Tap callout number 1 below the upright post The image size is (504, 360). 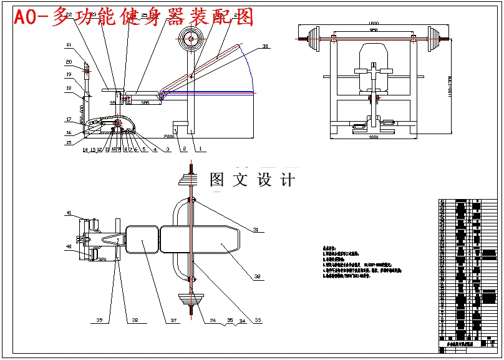[x=200, y=149]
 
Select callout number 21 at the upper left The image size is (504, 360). [x=69, y=44]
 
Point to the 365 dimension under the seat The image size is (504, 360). [x=144, y=102]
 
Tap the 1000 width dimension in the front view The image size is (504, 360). [x=373, y=137]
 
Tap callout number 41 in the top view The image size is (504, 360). [x=69, y=213]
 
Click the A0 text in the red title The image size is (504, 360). [x=27, y=18]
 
